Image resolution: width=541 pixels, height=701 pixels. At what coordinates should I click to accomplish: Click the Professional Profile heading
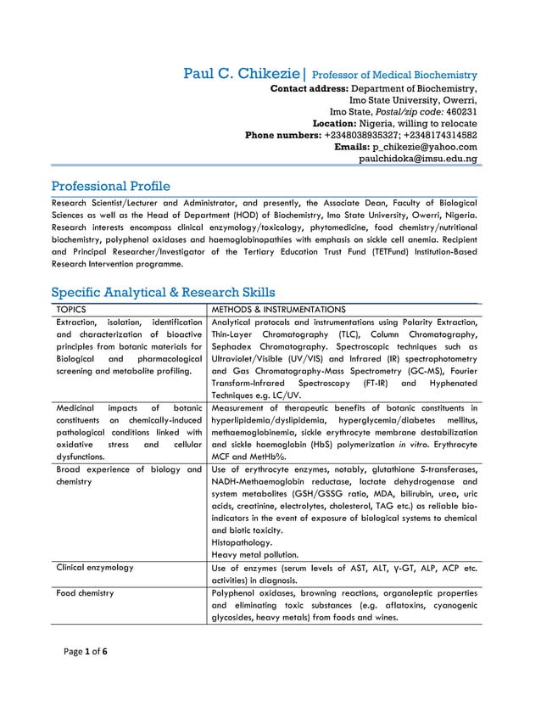110,186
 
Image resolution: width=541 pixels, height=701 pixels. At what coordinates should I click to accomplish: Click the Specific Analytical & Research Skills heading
163,293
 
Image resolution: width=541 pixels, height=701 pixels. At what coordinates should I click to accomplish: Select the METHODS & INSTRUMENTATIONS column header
278,310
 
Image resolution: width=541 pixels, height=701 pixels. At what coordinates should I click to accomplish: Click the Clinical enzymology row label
95,566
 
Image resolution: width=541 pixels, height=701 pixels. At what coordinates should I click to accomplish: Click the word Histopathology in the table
242,541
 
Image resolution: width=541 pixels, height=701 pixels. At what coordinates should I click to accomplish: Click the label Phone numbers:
282,135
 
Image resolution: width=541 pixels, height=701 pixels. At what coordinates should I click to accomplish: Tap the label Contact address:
309,87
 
